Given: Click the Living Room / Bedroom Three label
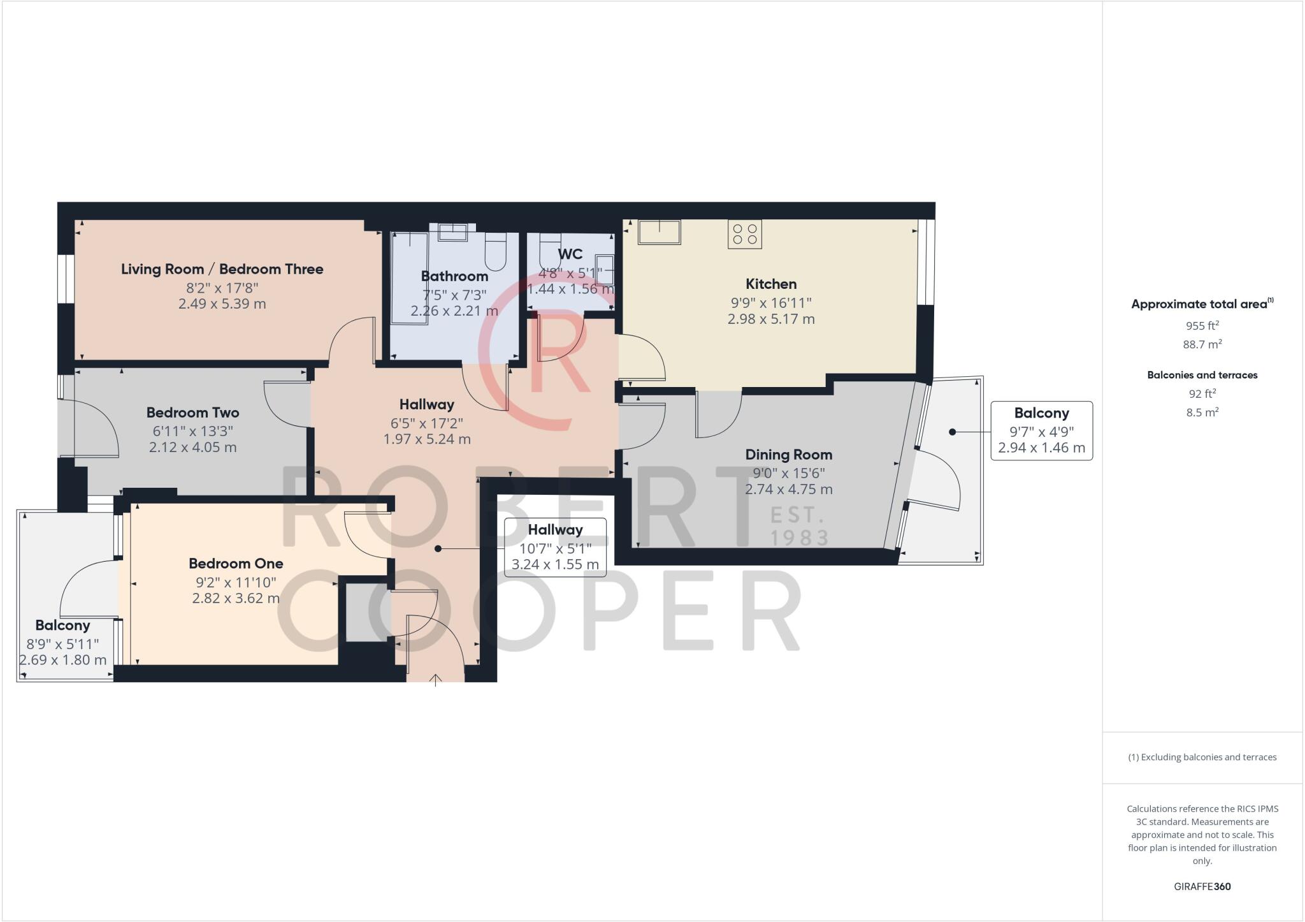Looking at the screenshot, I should [222, 269].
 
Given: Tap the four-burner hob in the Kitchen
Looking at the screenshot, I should [745, 234].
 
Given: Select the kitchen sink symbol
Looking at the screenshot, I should [660, 231].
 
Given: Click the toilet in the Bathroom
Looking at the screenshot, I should [495, 251].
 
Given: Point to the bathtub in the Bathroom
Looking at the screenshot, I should [408, 278].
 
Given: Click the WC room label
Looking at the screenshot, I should [570, 254].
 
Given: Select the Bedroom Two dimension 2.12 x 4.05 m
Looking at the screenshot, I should [192, 448].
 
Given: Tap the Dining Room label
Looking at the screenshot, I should [788, 455].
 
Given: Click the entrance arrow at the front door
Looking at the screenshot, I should [435, 680].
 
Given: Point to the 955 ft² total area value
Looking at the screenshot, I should [1202, 326].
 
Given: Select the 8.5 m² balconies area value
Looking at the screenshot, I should [1202, 413].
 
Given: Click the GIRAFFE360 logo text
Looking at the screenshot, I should [1202, 886].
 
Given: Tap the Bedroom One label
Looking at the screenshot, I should [236, 564].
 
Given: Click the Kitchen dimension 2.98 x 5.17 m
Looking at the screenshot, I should [771, 319].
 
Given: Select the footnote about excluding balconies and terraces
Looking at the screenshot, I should [1202, 757].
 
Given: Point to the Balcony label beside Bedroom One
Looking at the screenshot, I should [62, 626].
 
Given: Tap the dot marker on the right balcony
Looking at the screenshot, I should [953, 432].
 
